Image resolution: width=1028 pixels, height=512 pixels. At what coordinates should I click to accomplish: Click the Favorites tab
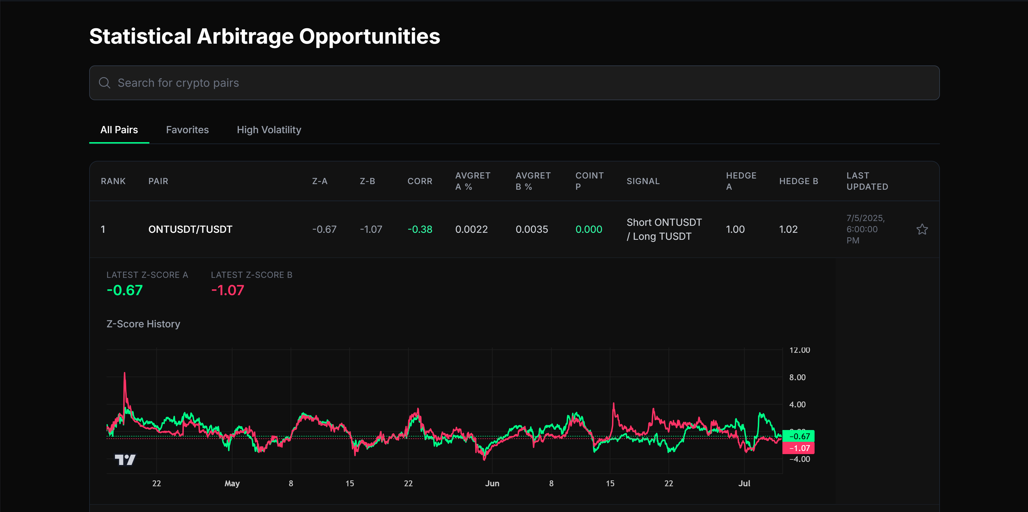pos(187,130)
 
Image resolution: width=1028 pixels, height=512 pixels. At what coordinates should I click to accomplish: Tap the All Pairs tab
pos(119,130)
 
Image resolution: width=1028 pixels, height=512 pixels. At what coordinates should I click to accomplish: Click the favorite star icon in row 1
pos(922,229)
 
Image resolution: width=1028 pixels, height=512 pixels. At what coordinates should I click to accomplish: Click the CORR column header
pos(419,181)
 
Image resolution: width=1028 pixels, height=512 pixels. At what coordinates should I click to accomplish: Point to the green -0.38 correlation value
pos(419,229)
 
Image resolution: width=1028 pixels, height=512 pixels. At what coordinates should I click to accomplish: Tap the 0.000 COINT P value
pos(588,229)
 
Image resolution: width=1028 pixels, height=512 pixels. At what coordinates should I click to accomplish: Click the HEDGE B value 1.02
pos(788,229)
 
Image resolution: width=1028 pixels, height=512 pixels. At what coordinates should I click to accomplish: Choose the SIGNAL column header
pos(643,181)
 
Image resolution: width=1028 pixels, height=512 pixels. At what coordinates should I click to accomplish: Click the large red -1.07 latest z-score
pos(227,290)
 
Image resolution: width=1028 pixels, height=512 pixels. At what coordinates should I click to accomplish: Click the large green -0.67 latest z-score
pos(124,290)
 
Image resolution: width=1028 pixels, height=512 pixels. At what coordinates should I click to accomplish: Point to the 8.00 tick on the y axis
pos(797,377)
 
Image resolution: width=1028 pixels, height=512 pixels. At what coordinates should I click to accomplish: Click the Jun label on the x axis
pos(492,483)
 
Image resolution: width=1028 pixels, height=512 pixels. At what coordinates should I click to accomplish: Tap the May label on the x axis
pos(232,483)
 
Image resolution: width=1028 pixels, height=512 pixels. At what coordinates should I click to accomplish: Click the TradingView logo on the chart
pos(125,460)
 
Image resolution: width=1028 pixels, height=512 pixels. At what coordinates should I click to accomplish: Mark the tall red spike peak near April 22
pos(124,374)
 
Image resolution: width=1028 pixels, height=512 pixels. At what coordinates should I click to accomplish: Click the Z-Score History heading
pos(143,324)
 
